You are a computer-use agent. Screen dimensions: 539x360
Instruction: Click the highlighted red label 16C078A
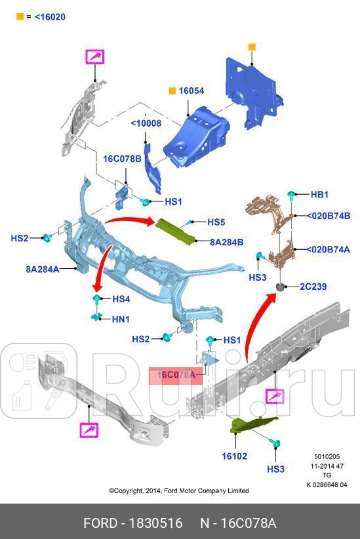(176, 375)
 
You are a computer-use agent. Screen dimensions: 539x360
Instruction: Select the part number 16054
(192, 91)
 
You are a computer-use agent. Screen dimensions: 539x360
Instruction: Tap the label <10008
(146, 123)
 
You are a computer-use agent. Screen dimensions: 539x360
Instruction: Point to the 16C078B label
(121, 159)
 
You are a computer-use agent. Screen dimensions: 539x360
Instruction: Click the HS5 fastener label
(216, 222)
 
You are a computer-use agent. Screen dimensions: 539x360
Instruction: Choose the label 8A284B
(226, 242)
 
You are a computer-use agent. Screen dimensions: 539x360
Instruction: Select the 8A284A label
(43, 269)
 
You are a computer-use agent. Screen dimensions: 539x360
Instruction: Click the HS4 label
(121, 299)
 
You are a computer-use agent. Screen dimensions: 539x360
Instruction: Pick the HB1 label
(319, 195)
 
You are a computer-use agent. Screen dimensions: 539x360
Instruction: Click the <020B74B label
(329, 215)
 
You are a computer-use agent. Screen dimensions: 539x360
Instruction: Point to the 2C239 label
(313, 287)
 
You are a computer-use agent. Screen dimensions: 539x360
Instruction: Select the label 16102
(233, 456)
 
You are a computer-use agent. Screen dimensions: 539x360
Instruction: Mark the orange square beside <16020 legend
(20, 16)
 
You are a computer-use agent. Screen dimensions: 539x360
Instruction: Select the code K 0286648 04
(326, 485)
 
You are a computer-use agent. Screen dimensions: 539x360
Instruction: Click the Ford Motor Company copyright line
(179, 490)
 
